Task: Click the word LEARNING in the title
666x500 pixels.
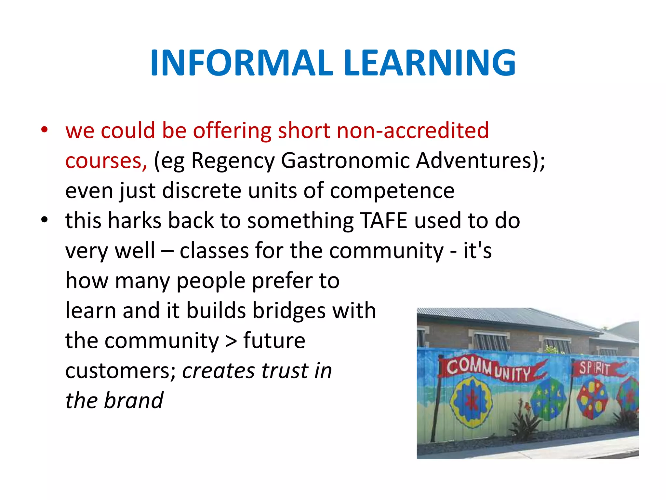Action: tap(429, 63)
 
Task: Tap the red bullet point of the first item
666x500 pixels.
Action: tap(45, 130)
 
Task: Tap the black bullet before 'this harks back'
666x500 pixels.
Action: tap(45, 220)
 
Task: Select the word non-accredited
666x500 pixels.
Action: tap(412, 131)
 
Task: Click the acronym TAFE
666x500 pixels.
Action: tap(384, 221)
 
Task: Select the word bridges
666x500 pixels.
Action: tap(289, 311)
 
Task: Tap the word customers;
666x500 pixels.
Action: tap(121, 371)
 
